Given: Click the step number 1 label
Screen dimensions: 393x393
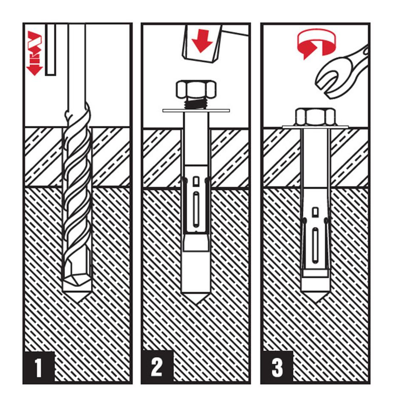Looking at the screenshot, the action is (39, 368).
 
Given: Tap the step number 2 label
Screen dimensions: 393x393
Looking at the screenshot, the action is (157, 367).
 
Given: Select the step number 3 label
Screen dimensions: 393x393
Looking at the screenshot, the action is (277, 367).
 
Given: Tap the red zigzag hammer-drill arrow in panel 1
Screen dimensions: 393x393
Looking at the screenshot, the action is (34, 53).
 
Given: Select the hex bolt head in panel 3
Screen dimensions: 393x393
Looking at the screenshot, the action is (315, 116).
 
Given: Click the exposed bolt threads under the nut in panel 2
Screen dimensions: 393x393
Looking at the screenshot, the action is (196, 103).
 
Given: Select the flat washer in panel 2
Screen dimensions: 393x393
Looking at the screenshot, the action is (196, 110).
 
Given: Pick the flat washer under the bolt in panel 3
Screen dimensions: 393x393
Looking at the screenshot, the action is (315, 127).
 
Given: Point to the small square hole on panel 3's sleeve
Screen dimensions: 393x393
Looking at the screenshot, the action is (315, 212).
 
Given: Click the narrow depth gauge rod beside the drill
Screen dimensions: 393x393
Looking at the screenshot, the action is (51, 49).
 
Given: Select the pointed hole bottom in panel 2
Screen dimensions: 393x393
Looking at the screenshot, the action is (196, 298).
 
